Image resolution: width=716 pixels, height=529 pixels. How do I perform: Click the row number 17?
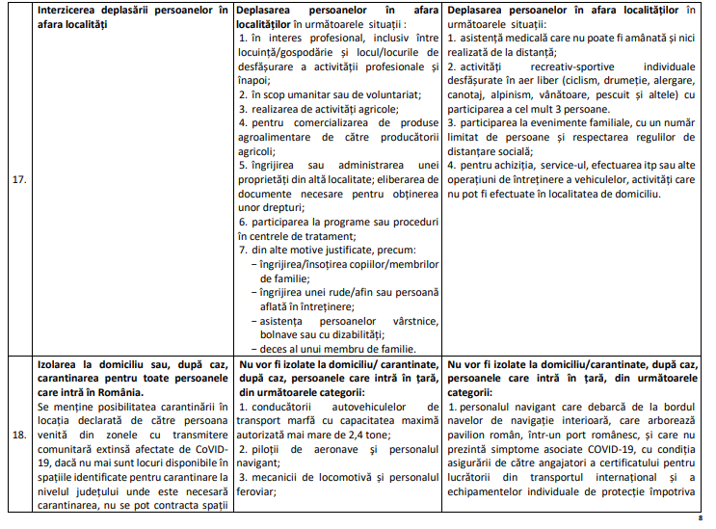17,179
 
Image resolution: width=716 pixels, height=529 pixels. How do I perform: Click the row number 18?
17,435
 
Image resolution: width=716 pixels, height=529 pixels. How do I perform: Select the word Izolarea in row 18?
61,365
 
